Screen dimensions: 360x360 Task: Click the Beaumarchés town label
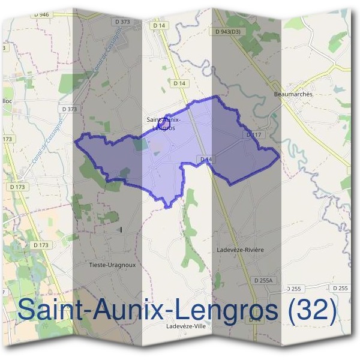293,94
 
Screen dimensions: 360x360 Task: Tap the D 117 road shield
253,135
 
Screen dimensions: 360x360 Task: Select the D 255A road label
263,280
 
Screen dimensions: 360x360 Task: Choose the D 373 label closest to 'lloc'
70,109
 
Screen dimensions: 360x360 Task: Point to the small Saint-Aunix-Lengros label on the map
164,124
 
